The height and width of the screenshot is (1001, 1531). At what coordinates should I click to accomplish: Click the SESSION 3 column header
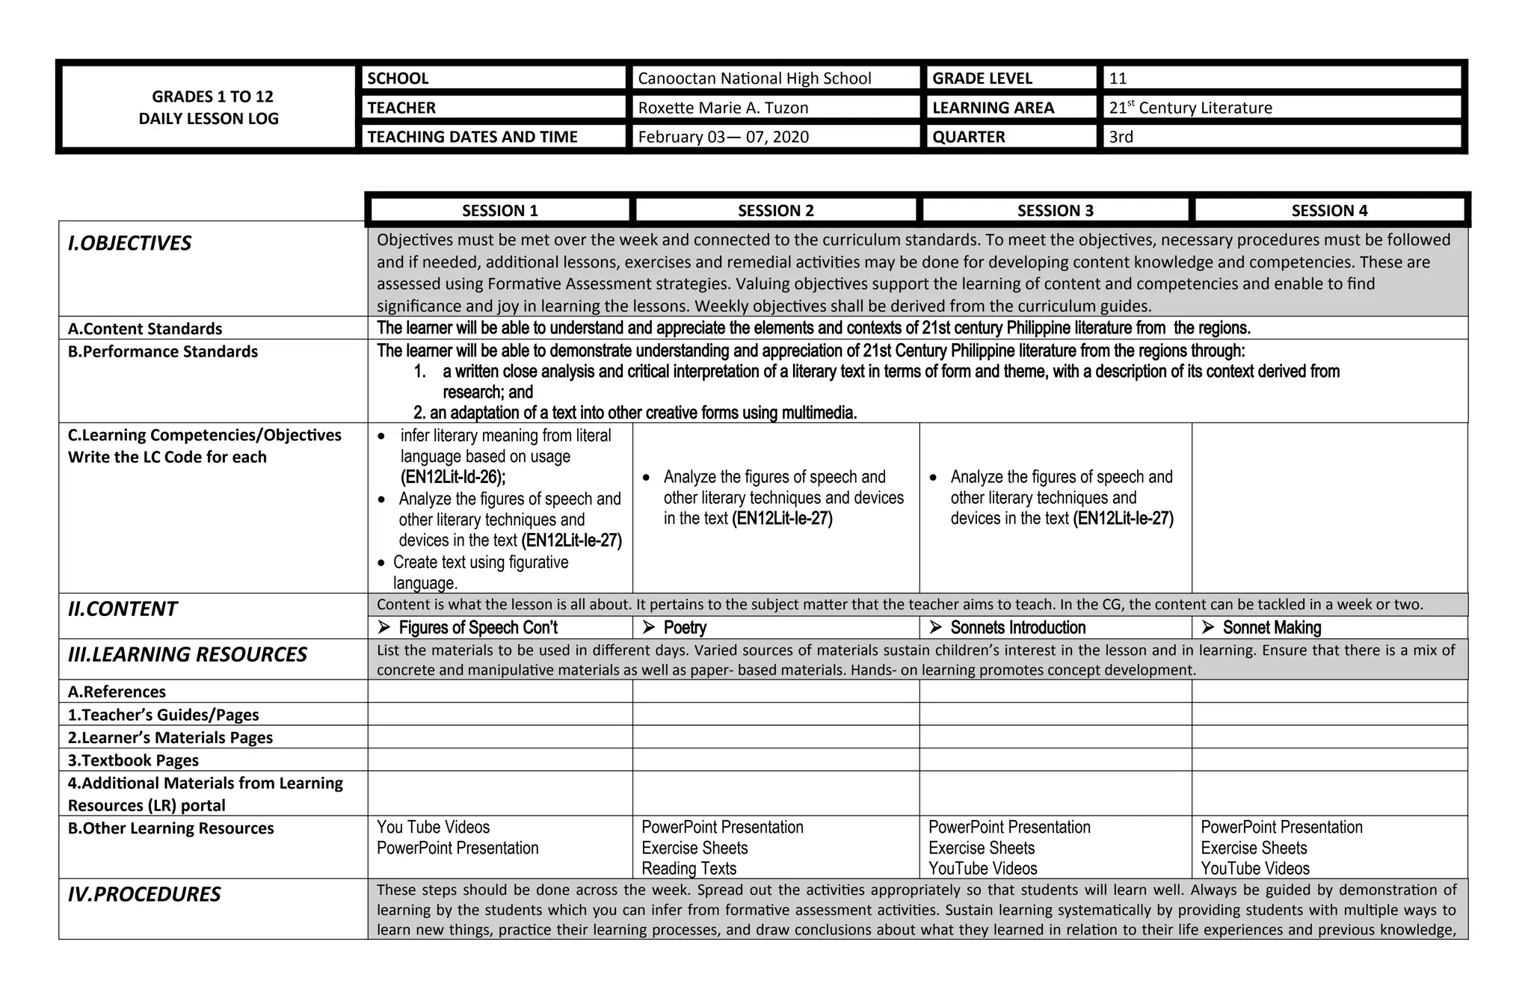click(x=1055, y=211)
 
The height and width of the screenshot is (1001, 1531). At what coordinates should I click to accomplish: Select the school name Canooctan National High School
click(x=754, y=78)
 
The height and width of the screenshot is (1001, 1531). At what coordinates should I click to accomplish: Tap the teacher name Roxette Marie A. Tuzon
click(x=723, y=108)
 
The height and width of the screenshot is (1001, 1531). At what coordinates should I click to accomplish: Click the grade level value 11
click(x=1118, y=78)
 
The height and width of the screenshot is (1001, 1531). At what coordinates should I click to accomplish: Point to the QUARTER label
click(x=968, y=137)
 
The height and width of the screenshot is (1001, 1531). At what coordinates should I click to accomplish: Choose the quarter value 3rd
click(x=1121, y=137)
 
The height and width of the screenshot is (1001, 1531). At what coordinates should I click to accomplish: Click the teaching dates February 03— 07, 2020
click(x=723, y=137)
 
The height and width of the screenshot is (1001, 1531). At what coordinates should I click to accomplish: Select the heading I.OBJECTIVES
click(x=129, y=243)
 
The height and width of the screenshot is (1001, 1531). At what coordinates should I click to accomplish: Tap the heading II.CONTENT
click(x=122, y=609)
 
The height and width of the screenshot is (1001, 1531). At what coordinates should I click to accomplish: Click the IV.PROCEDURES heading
click(x=144, y=894)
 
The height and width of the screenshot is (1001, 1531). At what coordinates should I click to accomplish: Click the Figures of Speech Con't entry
click(x=478, y=627)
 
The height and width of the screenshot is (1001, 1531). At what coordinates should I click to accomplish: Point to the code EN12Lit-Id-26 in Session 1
click(x=452, y=477)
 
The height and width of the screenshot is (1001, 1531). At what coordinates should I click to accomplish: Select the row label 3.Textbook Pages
click(x=133, y=760)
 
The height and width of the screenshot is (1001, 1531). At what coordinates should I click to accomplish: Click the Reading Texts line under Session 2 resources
click(x=689, y=868)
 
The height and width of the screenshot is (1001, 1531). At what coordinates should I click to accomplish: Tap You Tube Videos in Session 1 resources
click(x=433, y=827)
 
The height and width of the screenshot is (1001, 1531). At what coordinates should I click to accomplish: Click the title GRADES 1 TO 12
click(x=212, y=96)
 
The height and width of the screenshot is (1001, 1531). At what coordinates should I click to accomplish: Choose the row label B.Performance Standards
click(x=162, y=351)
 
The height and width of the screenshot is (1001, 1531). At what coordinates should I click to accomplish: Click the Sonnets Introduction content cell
click(x=1017, y=627)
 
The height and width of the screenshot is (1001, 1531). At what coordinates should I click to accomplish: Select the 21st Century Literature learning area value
click(x=1190, y=108)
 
